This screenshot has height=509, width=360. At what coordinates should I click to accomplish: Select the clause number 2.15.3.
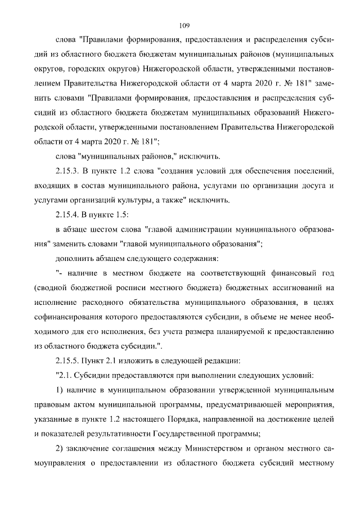(70, 171)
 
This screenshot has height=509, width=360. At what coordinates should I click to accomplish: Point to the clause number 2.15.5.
(70, 360)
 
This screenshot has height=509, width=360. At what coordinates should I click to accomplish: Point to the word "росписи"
(131, 287)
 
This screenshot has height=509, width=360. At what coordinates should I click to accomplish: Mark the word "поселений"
(315, 171)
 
